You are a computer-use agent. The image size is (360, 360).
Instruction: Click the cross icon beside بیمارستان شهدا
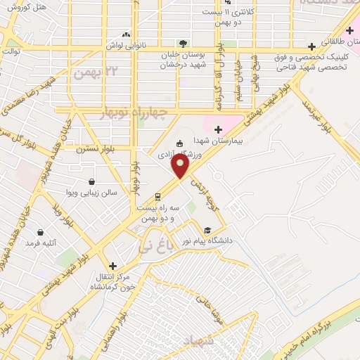coord(218,129)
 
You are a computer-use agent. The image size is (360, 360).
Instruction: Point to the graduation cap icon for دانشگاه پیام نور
coord(207,230)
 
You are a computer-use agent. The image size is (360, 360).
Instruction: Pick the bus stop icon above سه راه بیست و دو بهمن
coord(158,197)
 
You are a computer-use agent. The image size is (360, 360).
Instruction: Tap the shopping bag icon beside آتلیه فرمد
coord(40,231)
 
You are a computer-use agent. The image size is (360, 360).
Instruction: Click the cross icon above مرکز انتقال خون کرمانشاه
coord(112,265)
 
